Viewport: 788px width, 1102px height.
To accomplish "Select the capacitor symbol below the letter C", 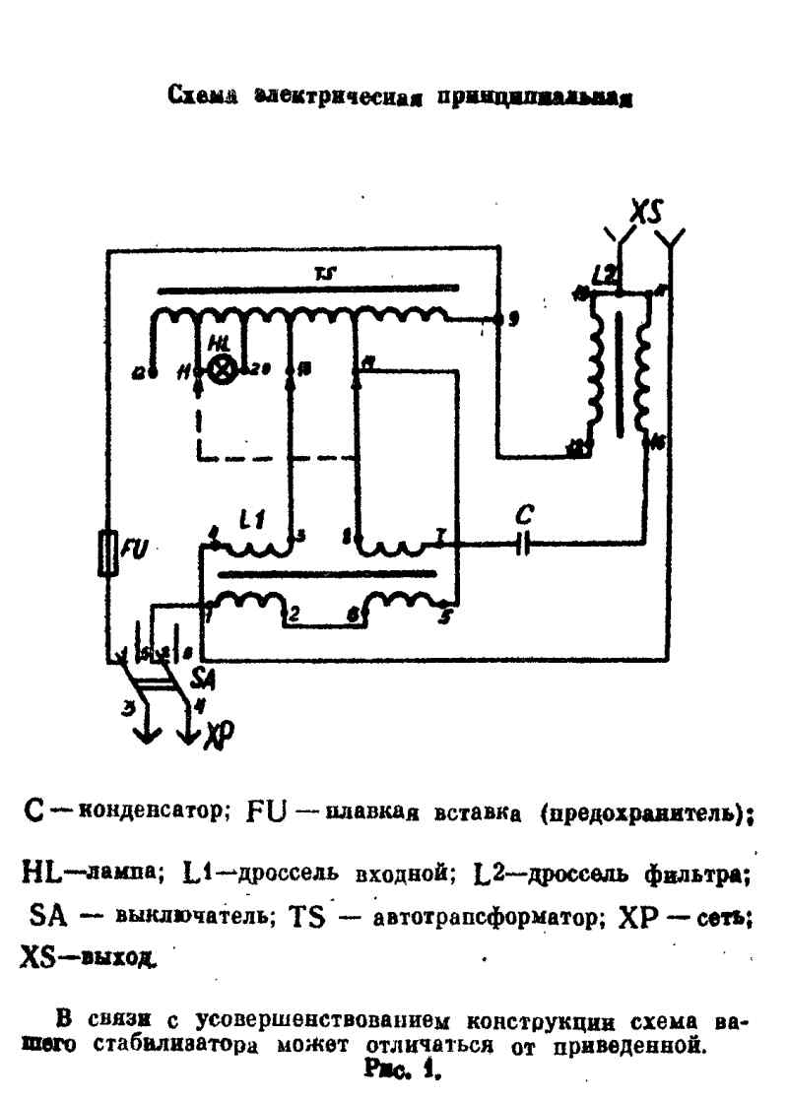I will pos(523,542).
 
